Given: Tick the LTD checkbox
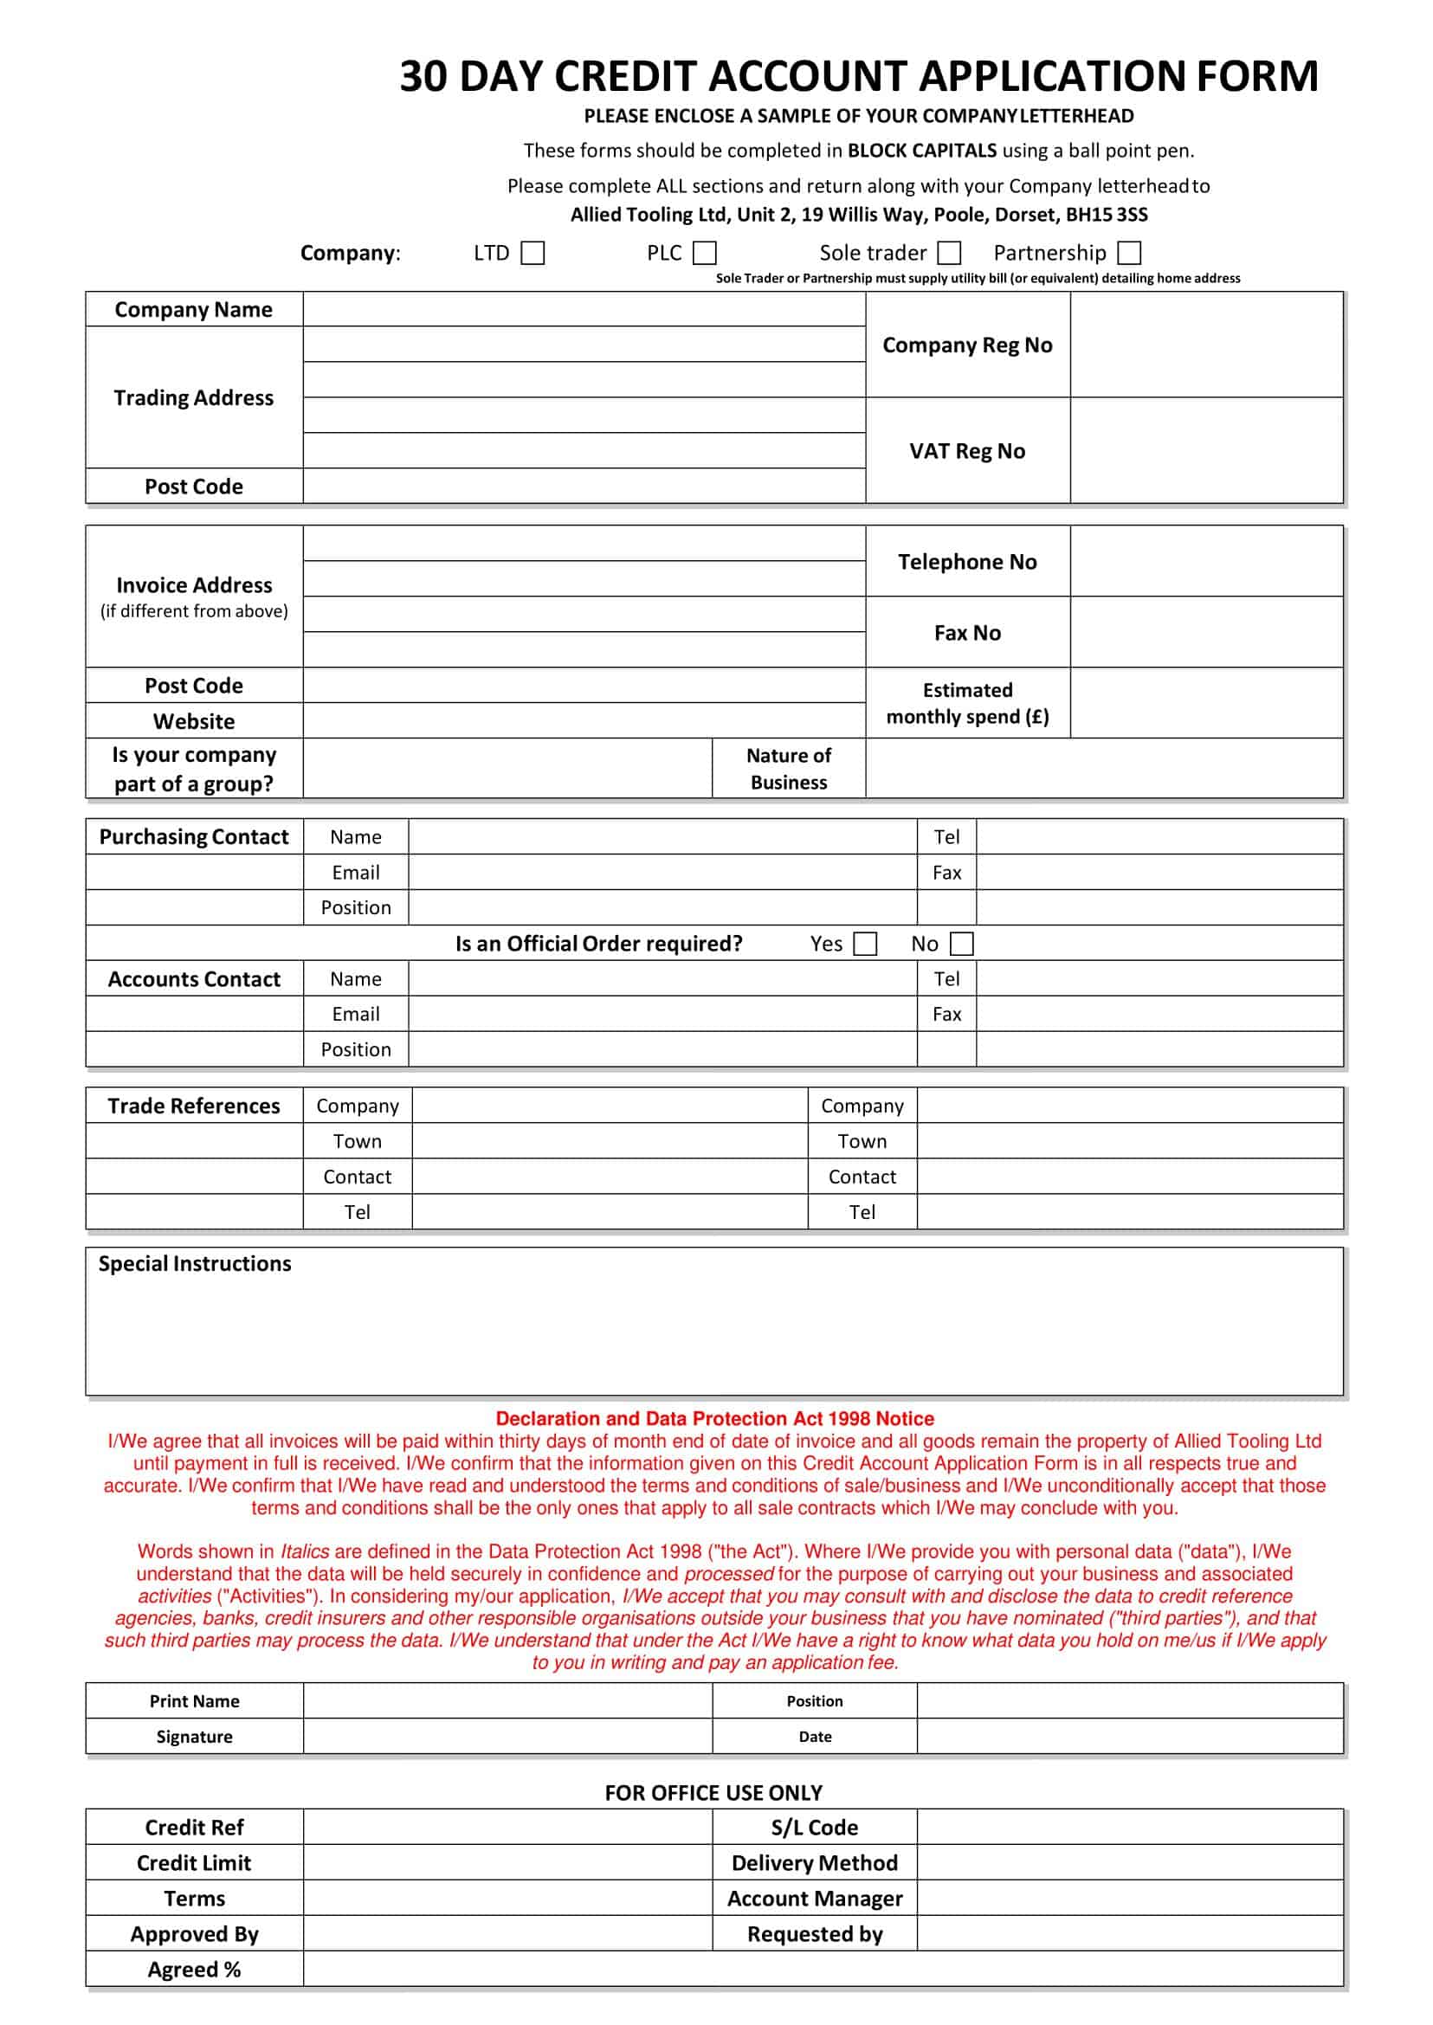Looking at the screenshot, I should coord(533,254).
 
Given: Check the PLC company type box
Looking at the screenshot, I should coord(704,254).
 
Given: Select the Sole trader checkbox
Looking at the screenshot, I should coord(949,254).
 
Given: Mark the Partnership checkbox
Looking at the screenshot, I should coord(1128,254).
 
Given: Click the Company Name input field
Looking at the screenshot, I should coord(584,310).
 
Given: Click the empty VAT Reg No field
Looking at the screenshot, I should coord(1205,451).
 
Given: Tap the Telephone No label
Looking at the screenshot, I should coord(967,562).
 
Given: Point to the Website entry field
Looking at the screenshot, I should coord(584,721).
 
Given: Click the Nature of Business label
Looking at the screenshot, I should coord(789,769).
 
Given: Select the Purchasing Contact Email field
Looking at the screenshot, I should coord(662,873).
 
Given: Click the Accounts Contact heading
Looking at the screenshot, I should coord(194,979).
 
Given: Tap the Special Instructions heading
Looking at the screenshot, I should coord(194,1263).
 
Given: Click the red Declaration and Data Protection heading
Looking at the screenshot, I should coord(714,1418).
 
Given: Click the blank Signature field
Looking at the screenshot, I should coord(507,1737).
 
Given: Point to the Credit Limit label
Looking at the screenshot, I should coord(194,1862).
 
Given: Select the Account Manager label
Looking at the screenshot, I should coord(815,1898).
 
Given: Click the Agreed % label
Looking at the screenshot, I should coord(194,1970).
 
